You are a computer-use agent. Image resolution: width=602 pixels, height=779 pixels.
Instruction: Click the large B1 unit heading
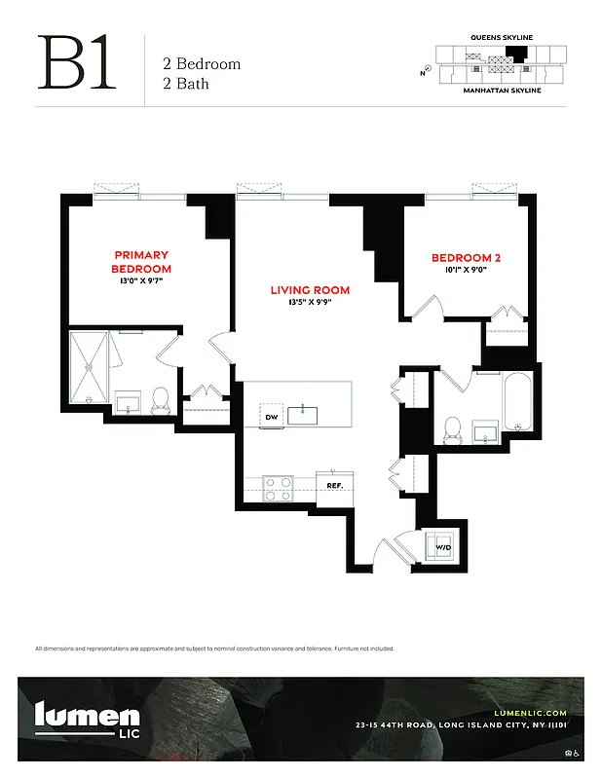click(x=77, y=65)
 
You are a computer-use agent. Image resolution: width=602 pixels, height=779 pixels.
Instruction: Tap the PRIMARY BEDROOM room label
click(x=141, y=262)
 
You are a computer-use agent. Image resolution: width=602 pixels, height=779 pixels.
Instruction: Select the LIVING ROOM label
click(x=310, y=290)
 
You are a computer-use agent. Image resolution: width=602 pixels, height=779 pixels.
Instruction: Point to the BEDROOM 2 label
click(x=466, y=258)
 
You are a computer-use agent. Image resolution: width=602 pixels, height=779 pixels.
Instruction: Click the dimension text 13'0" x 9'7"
click(x=141, y=280)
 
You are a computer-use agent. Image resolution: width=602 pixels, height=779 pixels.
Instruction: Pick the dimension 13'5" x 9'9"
click(x=310, y=302)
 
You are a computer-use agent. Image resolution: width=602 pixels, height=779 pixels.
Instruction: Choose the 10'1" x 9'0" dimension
click(x=466, y=270)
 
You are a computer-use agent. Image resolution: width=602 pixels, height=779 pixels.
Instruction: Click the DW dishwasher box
click(x=272, y=418)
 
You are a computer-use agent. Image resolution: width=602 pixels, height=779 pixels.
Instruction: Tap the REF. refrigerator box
click(x=334, y=485)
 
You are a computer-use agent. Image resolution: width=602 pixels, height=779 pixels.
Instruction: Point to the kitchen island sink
click(x=307, y=414)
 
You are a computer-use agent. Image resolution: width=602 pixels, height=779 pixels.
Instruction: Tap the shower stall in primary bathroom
click(x=89, y=367)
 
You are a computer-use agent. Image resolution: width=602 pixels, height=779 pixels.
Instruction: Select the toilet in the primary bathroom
click(x=162, y=399)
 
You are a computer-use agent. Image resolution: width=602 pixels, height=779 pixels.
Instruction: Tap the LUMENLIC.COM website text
click(x=530, y=714)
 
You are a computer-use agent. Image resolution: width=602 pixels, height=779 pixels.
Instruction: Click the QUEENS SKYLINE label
click(x=502, y=37)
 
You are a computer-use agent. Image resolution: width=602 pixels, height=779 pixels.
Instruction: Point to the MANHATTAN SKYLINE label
click(x=502, y=90)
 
